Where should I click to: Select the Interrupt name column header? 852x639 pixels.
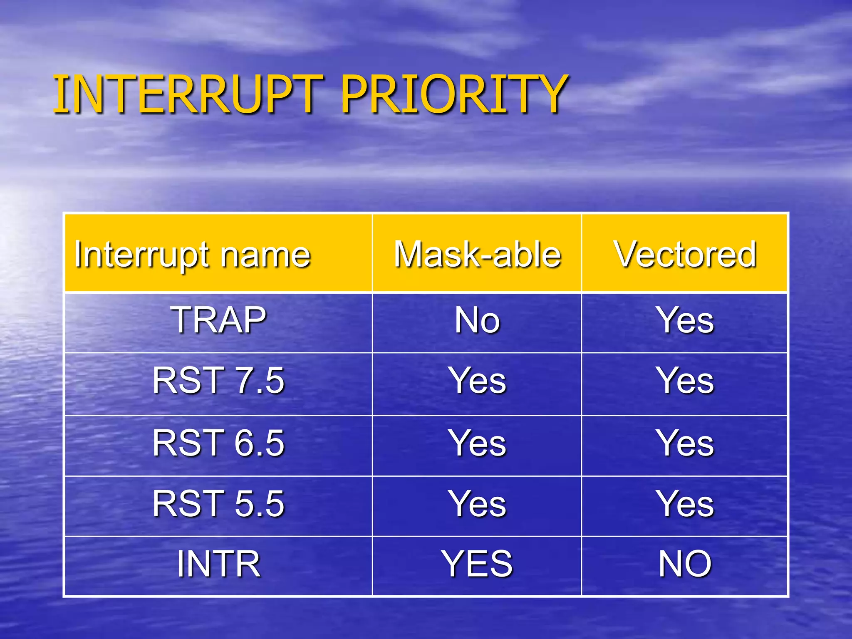coord(192,254)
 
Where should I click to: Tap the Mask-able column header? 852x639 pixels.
coord(477,254)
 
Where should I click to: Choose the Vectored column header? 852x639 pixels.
coord(685,254)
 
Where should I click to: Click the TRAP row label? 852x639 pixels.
coord(218,320)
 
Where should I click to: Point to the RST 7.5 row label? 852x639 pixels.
coord(218,380)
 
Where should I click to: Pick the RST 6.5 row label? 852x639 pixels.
coord(218,443)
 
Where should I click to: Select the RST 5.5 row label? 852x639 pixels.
coord(218,504)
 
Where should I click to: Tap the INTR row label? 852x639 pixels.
coord(218,564)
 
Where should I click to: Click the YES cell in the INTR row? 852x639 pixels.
coord(477,564)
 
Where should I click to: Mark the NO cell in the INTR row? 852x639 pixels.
coord(685,564)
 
